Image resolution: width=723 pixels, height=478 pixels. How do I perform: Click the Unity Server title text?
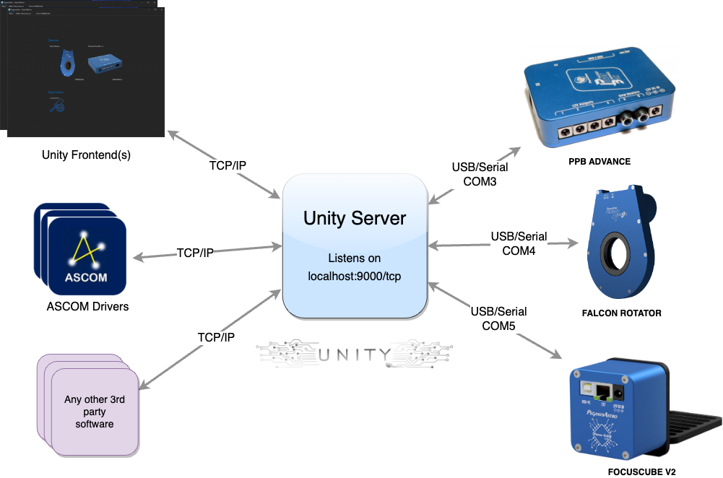coord(355,218)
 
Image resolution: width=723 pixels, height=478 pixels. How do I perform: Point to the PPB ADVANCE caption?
coord(599,162)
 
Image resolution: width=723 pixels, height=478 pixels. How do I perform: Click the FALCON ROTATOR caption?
coord(622,314)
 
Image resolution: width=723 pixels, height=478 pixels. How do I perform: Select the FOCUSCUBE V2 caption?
coord(642,472)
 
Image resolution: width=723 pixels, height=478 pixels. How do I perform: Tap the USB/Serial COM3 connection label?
coord(480,174)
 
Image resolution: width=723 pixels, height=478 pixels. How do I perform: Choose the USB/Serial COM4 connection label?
coord(519,243)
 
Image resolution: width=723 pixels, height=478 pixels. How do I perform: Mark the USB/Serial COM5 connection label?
coord(498,318)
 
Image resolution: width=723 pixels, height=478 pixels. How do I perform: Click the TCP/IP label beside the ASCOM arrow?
coord(195,253)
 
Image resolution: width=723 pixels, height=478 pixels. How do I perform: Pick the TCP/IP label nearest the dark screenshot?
coord(228,165)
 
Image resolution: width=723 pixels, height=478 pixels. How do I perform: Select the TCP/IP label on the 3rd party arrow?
coord(216,337)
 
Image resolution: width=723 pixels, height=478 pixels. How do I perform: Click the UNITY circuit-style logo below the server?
coord(354,355)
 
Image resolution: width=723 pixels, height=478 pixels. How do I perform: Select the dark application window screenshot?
coord(85,70)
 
